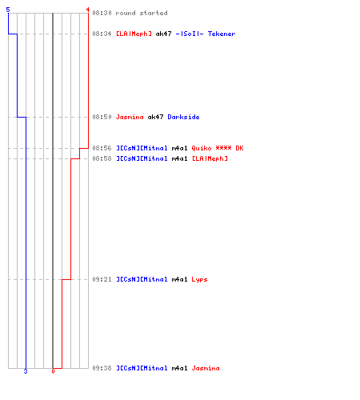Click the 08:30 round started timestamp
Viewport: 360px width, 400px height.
click(x=102, y=13)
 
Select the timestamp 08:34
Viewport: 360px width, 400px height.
click(x=102, y=34)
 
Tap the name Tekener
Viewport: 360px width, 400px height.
click(x=222, y=34)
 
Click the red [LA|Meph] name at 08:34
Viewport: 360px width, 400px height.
click(x=134, y=34)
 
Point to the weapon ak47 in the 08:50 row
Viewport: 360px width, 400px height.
click(x=155, y=117)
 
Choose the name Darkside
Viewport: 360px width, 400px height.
click(x=183, y=117)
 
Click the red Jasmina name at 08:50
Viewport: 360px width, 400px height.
click(x=130, y=117)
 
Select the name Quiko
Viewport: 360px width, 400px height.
click(x=202, y=148)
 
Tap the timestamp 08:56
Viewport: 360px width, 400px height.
click(x=102, y=148)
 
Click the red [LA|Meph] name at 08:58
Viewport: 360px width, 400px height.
click(x=210, y=158)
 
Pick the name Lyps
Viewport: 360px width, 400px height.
click(x=199, y=279)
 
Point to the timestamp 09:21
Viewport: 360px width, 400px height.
click(x=102, y=279)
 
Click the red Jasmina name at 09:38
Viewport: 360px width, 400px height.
click(x=206, y=368)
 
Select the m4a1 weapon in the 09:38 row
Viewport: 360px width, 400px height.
click(x=179, y=368)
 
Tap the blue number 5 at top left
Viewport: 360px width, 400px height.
click(x=8, y=10)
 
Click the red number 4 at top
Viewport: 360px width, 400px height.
click(x=88, y=10)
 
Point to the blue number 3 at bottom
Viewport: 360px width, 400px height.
click(x=26, y=371)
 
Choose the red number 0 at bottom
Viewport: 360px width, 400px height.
click(x=53, y=371)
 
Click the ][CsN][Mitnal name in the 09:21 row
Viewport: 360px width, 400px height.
click(x=142, y=279)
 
